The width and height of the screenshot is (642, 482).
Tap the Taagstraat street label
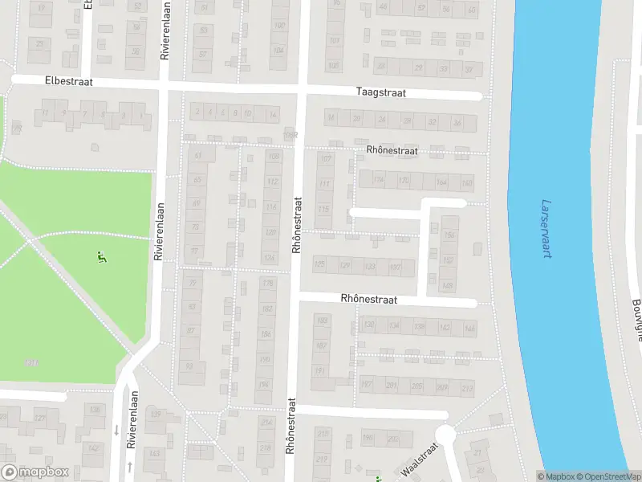pos(381,93)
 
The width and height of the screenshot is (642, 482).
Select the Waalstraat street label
pos(422,461)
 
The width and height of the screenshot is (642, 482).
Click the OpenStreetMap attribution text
pos(607,476)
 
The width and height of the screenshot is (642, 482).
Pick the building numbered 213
pos(466,386)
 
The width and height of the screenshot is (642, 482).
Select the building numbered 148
pos(448,286)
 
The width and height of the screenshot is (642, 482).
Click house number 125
pos(320,264)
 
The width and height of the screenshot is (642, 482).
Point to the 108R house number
pos(291,135)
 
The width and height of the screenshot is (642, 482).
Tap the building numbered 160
pos(466,183)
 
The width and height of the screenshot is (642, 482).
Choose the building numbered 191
pos(321,370)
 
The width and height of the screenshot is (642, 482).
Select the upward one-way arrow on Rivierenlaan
pos(128,467)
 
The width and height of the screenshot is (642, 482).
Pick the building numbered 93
pos(190,366)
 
